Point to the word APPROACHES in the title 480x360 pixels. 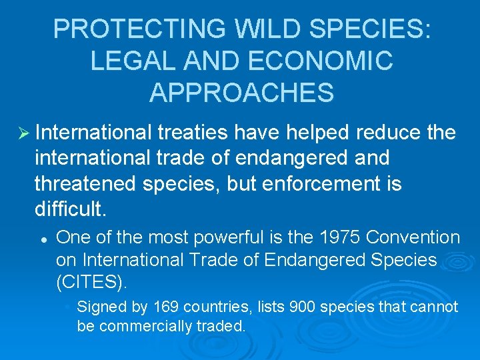[241, 93]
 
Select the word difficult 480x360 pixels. [70, 209]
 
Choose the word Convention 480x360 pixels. [413, 237]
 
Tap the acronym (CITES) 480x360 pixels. [91, 281]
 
